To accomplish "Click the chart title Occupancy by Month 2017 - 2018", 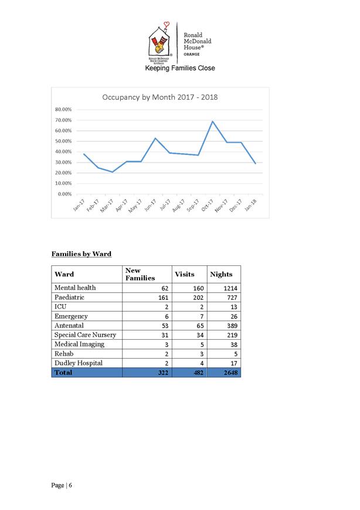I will (x=160, y=97).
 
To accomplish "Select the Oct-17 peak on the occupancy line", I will (x=213, y=121).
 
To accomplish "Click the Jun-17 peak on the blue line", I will (x=155, y=138).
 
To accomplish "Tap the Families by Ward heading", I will (x=81, y=254).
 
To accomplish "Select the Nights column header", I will (x=220, y=274).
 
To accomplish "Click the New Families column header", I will (x=140, y=274).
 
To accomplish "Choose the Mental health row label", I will (x=75, y=288).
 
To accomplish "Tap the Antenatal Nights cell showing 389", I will (x=230, y=326).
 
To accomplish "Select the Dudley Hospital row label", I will (x=78, y=363).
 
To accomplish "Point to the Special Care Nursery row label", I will (x=85, y=335).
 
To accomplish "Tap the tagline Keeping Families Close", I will (x=180, y=68).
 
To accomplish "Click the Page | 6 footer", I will (x=63, y=485).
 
